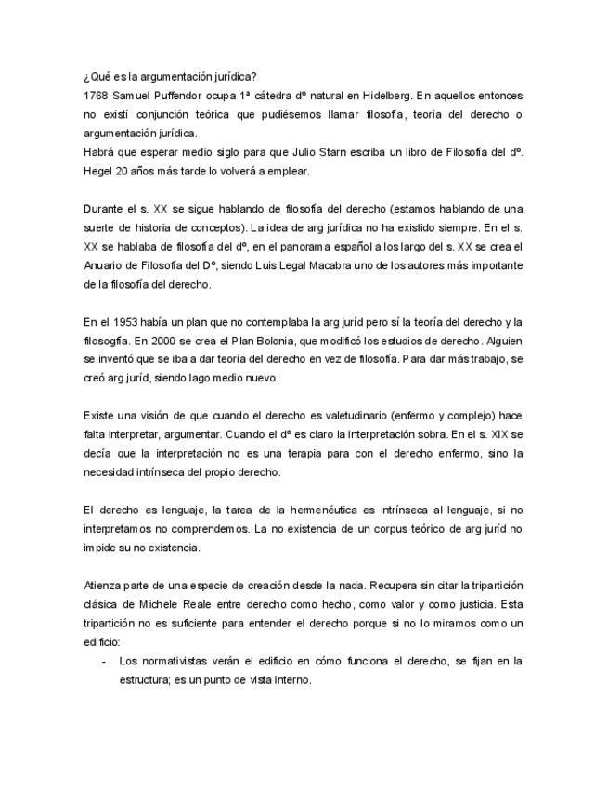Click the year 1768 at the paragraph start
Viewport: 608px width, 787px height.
coord(94,96)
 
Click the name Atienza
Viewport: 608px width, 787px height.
coord(102,586)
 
